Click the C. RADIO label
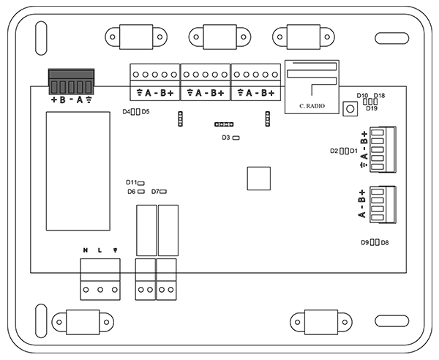(x=312, y=107)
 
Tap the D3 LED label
(x=226, y=138)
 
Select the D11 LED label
(x=131, y=182)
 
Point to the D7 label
(x=155, y=192)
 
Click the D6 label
(x=131, y=192)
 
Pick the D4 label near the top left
(x=126, y=112)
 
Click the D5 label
(x=146, y=112)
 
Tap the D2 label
(x=334, y=151)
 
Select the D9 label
(x=364, y=242)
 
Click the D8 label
(x=385, y=242)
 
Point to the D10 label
(x=362, y=96)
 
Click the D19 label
(x=372, y=108)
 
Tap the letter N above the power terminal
(x=86, y=251)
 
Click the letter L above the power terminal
(x=100, y=251)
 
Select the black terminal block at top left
(x=72, y=79)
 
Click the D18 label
(x=379, y=96)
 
